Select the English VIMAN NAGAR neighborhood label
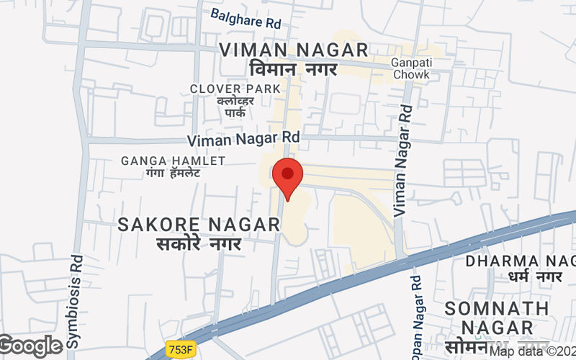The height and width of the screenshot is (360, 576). pos(294,50)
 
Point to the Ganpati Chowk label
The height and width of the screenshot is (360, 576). pos(410,68)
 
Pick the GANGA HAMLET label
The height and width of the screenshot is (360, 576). pos(173,160)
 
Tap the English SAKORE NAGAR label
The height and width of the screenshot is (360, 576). pos(199,225)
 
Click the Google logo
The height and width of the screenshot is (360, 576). pos(30,346)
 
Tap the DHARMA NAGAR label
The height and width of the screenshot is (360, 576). pos(520,261)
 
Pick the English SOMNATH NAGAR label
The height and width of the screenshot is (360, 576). pos(497,318)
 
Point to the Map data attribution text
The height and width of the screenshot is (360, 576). pos(533,351)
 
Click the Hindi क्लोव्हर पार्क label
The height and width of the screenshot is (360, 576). pos(235,107)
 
